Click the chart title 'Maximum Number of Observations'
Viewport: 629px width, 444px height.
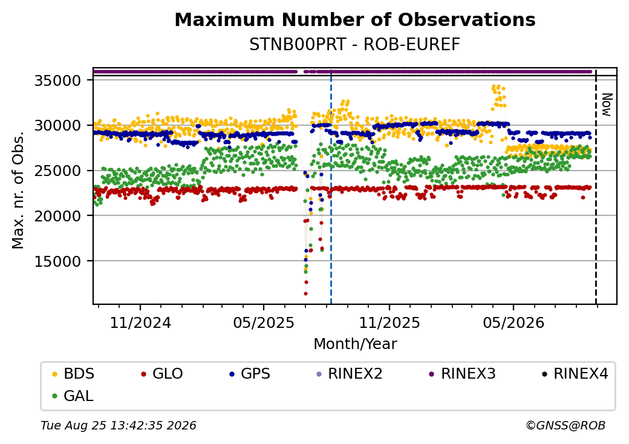[355, 19]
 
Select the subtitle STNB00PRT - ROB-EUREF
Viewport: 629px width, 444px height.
[354, 45]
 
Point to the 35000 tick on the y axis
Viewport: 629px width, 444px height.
[58, 80]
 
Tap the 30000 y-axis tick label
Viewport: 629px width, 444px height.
[58, 126]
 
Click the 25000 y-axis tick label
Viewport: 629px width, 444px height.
[58, 171]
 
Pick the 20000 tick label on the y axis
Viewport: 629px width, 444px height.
[58, 216]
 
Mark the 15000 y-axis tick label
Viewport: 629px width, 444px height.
[58, 261]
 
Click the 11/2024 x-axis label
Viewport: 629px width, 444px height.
[140, 322]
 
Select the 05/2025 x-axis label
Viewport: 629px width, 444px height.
[264, 322]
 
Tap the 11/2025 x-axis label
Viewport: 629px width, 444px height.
[389, 322]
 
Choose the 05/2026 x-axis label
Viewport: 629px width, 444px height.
[513, 322]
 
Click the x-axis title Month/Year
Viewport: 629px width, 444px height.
[355, 344]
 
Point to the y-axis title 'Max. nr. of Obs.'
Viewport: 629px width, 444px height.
[18, 190]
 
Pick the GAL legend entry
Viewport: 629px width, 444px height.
[73, 396]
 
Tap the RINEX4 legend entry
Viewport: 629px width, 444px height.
[575, 374]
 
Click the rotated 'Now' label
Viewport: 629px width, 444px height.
[607, 105]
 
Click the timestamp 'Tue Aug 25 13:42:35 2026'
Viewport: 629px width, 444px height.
[119, 425]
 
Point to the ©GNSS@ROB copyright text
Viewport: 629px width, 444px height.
[565, 425]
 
